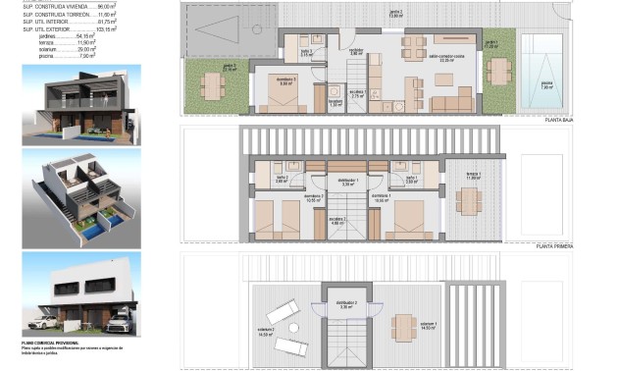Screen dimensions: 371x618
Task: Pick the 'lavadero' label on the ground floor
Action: pyautogui.click(x=335, y=103)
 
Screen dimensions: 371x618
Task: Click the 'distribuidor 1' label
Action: pyautogui.click(x=347, y=182)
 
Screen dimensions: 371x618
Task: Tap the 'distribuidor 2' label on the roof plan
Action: pyautogui.click(x=346, y=305)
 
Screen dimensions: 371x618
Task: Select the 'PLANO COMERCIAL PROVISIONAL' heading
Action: pyautogui.click(x=51, y=343)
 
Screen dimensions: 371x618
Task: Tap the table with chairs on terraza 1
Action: pyautogui.click(x=469, y=200)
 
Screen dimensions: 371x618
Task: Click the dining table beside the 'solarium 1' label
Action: pyautogui.click(x=403, y=325)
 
